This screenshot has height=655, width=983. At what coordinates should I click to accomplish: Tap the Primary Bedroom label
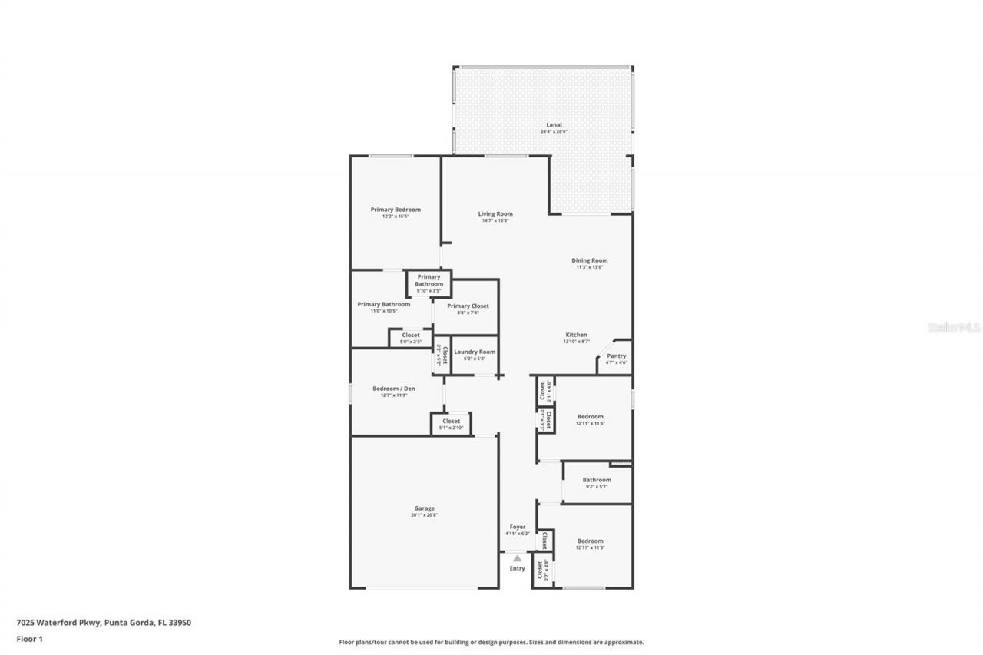[x=396, y=210]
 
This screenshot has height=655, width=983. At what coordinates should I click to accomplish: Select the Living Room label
[x=495, y=214]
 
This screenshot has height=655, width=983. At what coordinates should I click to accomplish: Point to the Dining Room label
[x=590, y=260]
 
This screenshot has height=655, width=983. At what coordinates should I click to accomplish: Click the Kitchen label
[x=577, y=335]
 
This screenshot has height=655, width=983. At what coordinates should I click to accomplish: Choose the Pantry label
[x=617, y=356]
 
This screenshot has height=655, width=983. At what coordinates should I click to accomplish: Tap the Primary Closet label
[x=468, y=306]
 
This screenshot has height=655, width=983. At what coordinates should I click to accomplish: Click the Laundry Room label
[x=475, y=352]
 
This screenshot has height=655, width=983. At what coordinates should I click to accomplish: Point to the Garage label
[x=424, y=508]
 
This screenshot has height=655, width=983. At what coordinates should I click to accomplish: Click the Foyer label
[x=517, y=527]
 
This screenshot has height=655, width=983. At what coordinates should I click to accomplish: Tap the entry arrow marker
[x=518, y=558]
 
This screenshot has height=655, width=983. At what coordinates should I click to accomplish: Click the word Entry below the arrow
[x=518, y=568]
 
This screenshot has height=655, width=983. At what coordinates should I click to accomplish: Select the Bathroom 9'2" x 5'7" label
[x=597, y=480]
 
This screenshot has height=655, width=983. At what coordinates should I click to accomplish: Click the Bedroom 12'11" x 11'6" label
[x=591, y=417]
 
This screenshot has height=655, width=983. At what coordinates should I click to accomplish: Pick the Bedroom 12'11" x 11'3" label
[x=591, y=541]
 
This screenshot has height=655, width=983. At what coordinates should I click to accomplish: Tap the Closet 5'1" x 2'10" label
[x=451, y=421]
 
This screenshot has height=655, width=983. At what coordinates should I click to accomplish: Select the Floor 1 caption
[x=29, y=638]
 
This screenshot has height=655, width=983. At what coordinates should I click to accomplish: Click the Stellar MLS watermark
[x=954, y=327]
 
